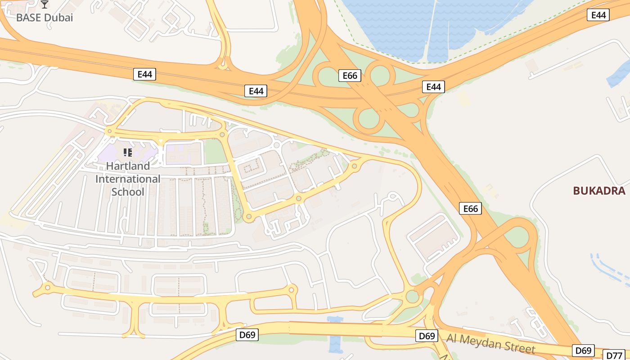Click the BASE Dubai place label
point(44,18)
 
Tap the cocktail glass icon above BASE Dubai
point(44,5)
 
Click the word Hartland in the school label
point(128,166)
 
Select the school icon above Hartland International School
point(127,153)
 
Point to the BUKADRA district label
point(599,191)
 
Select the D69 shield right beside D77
point(584,351)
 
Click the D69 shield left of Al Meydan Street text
point(426,336)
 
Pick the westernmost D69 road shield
point(247,334)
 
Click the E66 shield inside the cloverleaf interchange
point(350,76)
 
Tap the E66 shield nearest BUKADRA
point(470,208)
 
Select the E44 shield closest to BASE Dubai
point(144,74)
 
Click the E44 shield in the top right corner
point(598,15)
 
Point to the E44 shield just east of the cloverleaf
point(433,87)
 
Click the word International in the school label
point(128,179)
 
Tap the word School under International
point(128,192)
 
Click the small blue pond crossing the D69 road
point(335,335)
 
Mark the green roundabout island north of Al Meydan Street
point(412,297)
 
